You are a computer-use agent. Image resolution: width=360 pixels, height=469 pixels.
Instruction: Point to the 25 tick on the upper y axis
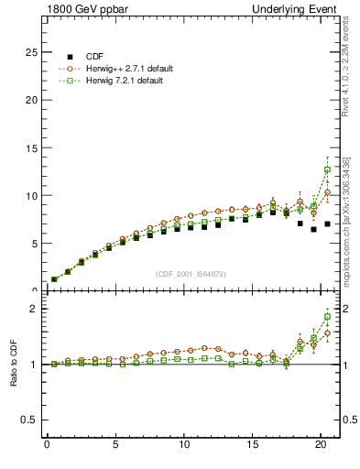pyautogui.click(x=32, y=53)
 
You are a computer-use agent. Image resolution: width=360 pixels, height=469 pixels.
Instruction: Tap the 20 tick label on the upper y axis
pyautogui.click(x=32, y=101)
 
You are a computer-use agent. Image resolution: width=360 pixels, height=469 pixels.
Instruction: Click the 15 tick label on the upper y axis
pyautogui.click(x=32, y=148)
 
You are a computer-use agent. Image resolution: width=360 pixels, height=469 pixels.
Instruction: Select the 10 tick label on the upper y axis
pyautogui.click(x=32, y=196)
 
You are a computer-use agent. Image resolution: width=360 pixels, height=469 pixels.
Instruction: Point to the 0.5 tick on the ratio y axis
pyautogui.click(x=30, y=420)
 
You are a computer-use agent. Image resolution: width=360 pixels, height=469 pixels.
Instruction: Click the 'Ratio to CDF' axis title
pyautogui.click(x=14, y=365)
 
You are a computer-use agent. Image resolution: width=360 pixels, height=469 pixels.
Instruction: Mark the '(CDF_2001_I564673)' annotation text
pyautogui.click(x=192, y=273)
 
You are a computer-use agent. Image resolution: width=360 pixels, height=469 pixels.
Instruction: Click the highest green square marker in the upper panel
pyautogui.click(x=327, y=169)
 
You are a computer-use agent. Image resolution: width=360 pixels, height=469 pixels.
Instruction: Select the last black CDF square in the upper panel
pyautogui.click(x=327, y=224)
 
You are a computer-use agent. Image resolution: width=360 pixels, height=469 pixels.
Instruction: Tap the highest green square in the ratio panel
pyautogui.click(x=327, y=317)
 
